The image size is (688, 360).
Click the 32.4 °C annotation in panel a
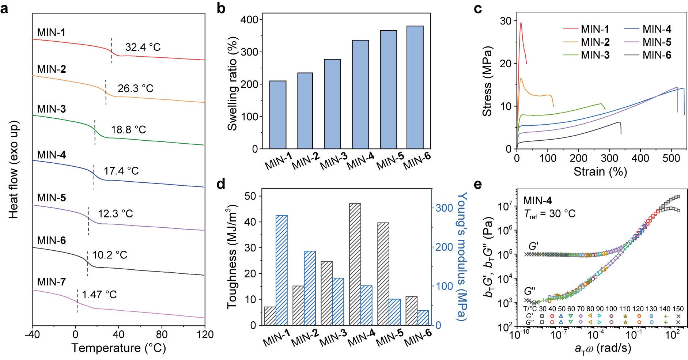(143, 47)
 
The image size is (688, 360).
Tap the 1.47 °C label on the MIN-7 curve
(99, 295)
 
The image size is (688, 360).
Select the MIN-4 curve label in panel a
(52, 155)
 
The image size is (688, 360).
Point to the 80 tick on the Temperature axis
(162, 334)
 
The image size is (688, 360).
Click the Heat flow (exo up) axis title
(14, 170)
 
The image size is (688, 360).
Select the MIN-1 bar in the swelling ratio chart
(278, 114)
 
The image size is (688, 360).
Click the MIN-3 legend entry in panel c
(586, 55)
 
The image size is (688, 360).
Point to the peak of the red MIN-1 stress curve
(521, 23)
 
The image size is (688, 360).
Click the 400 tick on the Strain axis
(640, 158)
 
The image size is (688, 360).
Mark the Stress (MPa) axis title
(487, 81)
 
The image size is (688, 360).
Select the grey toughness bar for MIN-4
(355, 264)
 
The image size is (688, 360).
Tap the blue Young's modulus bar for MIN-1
(281, 270)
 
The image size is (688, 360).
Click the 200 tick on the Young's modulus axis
(444, 247)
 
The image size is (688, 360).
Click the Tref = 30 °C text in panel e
(549, 214)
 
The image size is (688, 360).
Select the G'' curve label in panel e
(530, 291)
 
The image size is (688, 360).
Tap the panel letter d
(221, 184)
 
